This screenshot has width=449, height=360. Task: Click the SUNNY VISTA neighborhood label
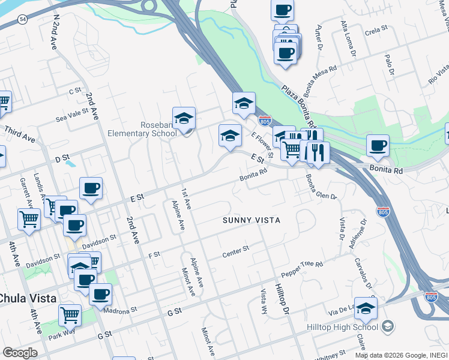point(252,220)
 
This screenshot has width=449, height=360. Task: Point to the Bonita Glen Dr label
point(321,187)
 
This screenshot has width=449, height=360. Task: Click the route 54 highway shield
point(22,20)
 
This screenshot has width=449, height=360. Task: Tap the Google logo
point(20,353)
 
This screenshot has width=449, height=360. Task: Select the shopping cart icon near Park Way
point(70,314)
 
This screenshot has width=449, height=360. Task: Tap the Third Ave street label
point(19,133)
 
